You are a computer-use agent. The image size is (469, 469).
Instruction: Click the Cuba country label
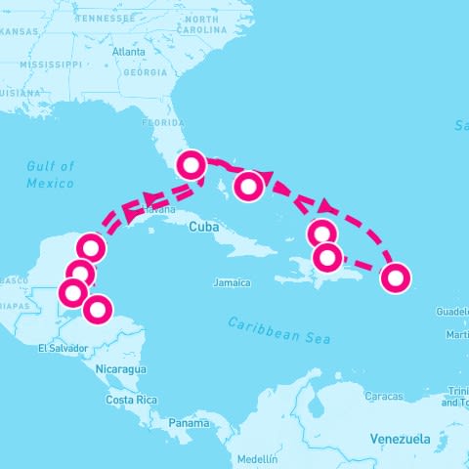[x=202, y=226]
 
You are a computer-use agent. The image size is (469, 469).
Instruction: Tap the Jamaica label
[x=232, y=282]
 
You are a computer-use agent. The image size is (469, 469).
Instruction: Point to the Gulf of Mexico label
[x=51, y=175]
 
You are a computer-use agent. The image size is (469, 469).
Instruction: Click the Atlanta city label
[x=128, y=52]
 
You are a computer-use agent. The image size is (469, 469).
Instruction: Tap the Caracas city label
[x=383, y=397]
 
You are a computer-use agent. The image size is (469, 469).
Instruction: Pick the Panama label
[x=188, y=423]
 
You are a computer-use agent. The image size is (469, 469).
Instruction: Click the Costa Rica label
[x=132, y=401]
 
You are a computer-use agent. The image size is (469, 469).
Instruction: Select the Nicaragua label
[x=121, y=369]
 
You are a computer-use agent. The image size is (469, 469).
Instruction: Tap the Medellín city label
[x=257, y=458]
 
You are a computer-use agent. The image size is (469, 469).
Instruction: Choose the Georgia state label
[x=147, y=72]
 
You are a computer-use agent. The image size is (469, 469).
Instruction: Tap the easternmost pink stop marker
[x=395, y=277]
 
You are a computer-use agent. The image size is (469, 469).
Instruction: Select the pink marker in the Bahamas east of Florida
[x=250, y=185]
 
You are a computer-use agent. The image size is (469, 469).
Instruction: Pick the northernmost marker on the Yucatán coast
[x=90, y=247]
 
